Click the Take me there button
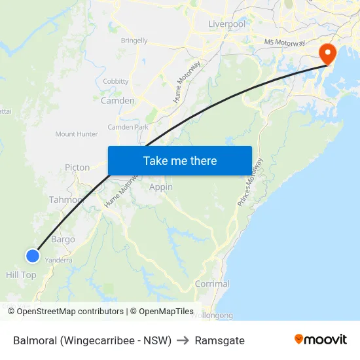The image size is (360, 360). [180, 161]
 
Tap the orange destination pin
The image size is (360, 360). [326, 54]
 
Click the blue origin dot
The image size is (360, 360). [32, 256]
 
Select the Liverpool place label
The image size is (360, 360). [226, 24]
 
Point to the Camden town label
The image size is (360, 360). [118, 101]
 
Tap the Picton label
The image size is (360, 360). [77, 168]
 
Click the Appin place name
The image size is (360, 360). [161, 187]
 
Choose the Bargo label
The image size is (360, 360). [63, 240]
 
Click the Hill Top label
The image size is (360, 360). [21, 275]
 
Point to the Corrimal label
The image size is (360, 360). [212, 284]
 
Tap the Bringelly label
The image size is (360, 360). [134, 41]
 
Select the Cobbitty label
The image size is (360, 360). [116, 82]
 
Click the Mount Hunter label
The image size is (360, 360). [77, 134]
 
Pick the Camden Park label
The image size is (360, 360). [128, 127]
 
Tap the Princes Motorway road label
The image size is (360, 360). [250, 183]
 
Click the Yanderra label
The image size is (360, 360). [58, 260]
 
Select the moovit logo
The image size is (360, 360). [320, 339]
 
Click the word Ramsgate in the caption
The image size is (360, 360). [220, 340]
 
